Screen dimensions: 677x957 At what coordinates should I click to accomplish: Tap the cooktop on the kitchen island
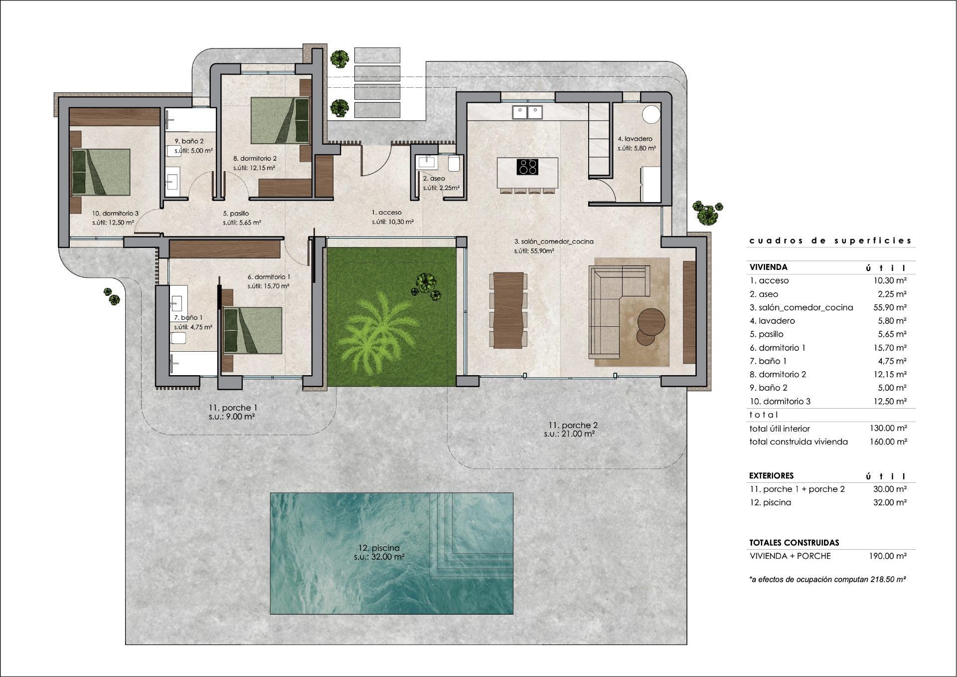tap(528, 167)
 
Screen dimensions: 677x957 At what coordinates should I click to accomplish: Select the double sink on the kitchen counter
tap(527, 112)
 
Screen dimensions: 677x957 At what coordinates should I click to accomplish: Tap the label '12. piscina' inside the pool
tap(379, 548)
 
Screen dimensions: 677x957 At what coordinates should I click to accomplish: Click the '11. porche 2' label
tap(573, 425)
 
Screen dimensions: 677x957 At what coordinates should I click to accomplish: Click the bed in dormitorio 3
tap(101, 172)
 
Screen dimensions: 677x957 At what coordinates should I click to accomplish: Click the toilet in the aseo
tap(454, 164)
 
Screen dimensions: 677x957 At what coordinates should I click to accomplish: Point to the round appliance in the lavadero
tap(651, 114)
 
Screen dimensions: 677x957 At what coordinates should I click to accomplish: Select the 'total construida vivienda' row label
tap(798, 442)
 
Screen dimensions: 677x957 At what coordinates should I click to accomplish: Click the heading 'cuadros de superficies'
tap(830, 240)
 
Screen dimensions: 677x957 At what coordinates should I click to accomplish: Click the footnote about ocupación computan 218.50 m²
tap(827, 579)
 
